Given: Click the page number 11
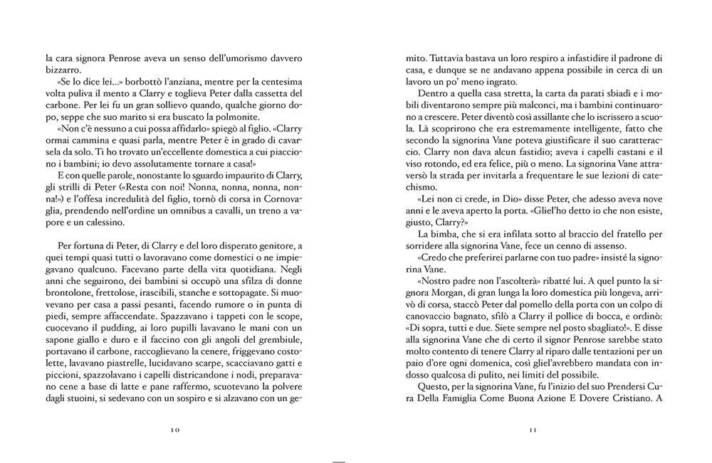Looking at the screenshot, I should pos(533,430).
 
